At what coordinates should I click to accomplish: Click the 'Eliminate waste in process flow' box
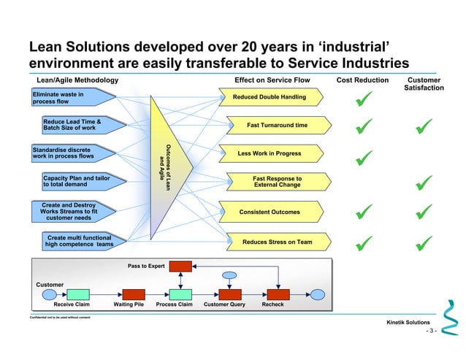click(x=70, y=98)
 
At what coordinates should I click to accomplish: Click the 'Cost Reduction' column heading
click(x=362, y=80)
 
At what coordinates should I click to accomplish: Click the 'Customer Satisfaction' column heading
click(x=423, y=83)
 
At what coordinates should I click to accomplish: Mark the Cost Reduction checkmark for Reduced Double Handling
click(x=363, y=99)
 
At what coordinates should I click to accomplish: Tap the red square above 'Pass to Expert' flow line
click(x=180, y=266)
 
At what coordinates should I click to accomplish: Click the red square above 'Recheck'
click(x=278, y=294)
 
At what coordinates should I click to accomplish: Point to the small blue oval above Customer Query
click(x=229, y=276)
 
